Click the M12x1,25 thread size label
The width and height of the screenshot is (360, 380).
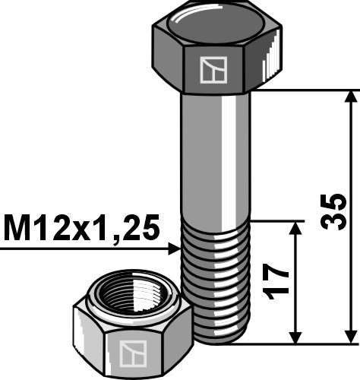pyautogui.click(x=81, y=227)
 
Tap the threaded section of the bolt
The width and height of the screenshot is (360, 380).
pyautogui.click(x=216, y=266)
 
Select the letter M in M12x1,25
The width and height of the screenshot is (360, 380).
pyautogui.click(x=16, y=227)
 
